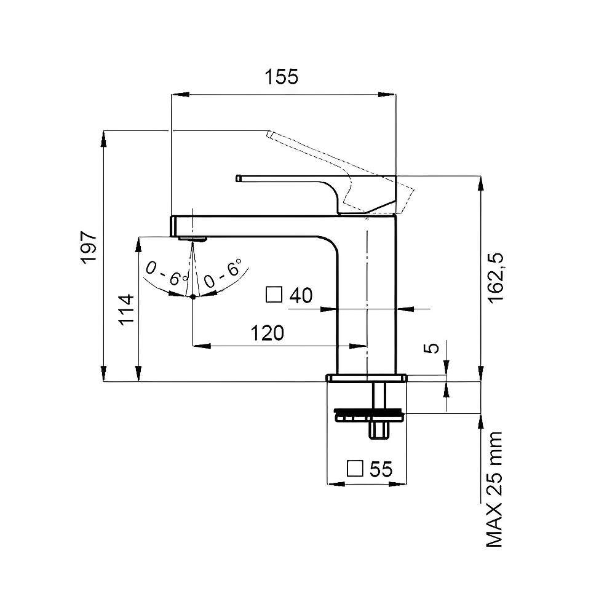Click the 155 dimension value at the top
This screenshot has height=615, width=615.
pos(281,77)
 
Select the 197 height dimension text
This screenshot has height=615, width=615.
pos(89,247)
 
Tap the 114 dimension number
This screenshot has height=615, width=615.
pos(126,309)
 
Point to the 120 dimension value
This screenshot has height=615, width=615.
pos(267,333)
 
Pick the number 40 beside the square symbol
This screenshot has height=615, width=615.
pos(301,295)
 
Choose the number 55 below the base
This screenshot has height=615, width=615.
pos(381,469)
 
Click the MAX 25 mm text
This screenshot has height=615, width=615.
pos(494,489)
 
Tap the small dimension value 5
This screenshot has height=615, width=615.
pos(432,347)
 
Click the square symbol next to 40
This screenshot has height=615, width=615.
pos(274,295)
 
